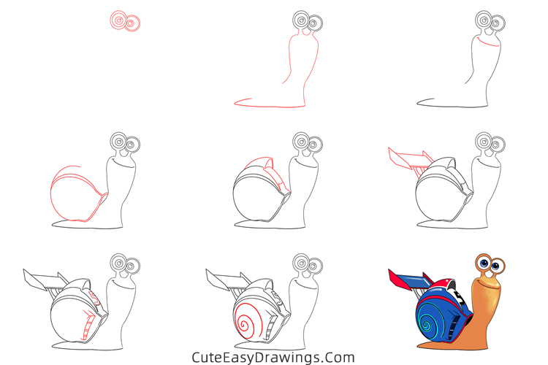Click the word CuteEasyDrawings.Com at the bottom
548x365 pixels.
coord(273,357)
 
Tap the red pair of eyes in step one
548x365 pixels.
coord(125,22)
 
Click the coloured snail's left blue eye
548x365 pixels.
coord(483,262)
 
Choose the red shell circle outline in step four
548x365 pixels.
coord(73,196)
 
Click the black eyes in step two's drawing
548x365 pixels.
coord(308,22)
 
